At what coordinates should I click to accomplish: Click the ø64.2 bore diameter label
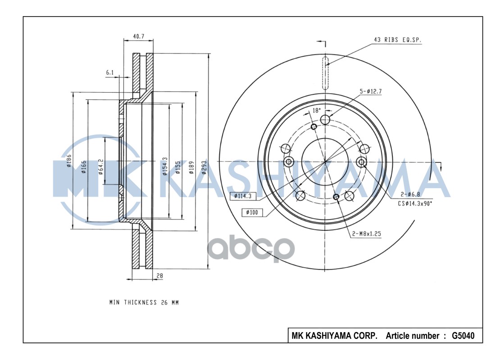point(101,166)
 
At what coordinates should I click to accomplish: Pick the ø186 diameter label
point(69,161)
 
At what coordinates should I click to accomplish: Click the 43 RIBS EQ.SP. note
point(398,40)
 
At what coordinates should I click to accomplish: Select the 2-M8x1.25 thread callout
point(367,234)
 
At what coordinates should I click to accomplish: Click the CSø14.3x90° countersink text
point(414,203)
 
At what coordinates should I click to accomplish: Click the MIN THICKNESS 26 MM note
point(144,302)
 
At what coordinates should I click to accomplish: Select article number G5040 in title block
point(463,336)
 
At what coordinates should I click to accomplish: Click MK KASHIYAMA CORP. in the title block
point(335,336)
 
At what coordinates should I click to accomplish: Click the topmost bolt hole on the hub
point(325,119)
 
